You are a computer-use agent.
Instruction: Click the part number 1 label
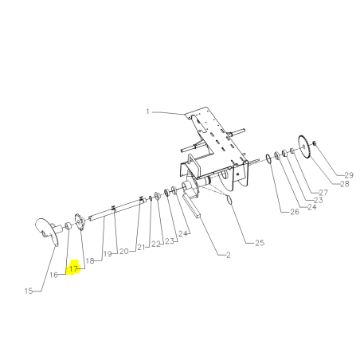coord(147,112)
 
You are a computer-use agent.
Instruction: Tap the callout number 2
coord(229,255)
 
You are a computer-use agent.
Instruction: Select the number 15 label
coord(29,291)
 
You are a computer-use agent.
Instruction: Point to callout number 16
coord(53,275)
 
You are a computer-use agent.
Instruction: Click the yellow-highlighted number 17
coord(73,269)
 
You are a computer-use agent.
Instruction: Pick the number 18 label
coord(90,261)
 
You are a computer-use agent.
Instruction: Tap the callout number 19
coord(108,254)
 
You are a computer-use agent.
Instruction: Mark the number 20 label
coord(124,251)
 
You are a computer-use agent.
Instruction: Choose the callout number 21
coord(141,247)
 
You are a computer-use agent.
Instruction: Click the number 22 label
coord(156,244)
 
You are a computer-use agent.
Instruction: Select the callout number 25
coord(260,242)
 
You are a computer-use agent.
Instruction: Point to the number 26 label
coord(295,212)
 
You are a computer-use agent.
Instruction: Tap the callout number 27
coord(323,192)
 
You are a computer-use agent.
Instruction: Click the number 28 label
coord(345,184)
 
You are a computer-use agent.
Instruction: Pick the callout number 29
coord(349,175)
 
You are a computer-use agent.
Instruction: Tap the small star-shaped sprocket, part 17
coord(79,221)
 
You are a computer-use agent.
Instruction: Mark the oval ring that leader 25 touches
coord(229,200)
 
